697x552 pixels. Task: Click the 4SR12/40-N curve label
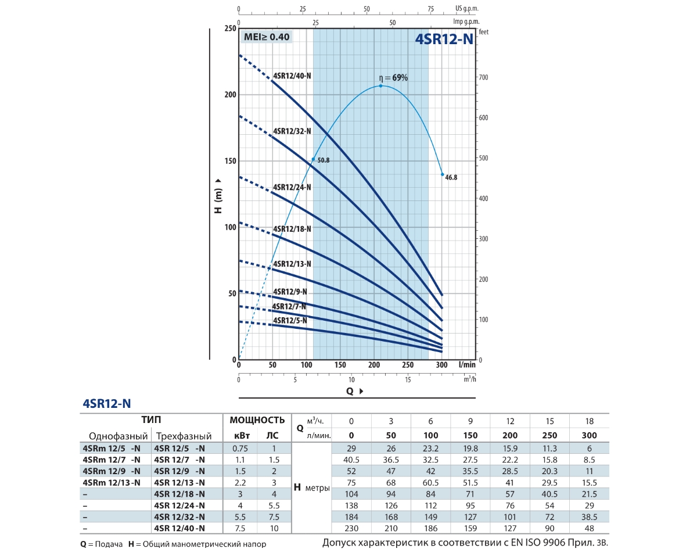pos(292,76)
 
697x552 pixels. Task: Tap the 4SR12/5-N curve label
pos(290,320)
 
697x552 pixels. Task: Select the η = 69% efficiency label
pos(394,77)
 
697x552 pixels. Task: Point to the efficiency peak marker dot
pos(381,86)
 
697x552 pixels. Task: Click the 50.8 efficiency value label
pos(324,160)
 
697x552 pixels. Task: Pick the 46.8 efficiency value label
pos(451,178)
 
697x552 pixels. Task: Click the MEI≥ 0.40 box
pos(266,37)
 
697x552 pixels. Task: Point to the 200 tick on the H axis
pos(231,95)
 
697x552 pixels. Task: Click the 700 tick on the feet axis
pos(483,78)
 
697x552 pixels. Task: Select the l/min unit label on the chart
pos(466,365)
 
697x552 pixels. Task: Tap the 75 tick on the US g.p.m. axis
pos(430,9)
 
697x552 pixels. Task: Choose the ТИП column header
pos(151,420)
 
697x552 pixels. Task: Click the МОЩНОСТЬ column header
pos(257,420)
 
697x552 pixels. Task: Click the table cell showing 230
pos(351,528)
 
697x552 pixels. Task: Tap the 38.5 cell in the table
pos(590,517)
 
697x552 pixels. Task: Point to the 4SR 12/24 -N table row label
pos(179,505)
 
